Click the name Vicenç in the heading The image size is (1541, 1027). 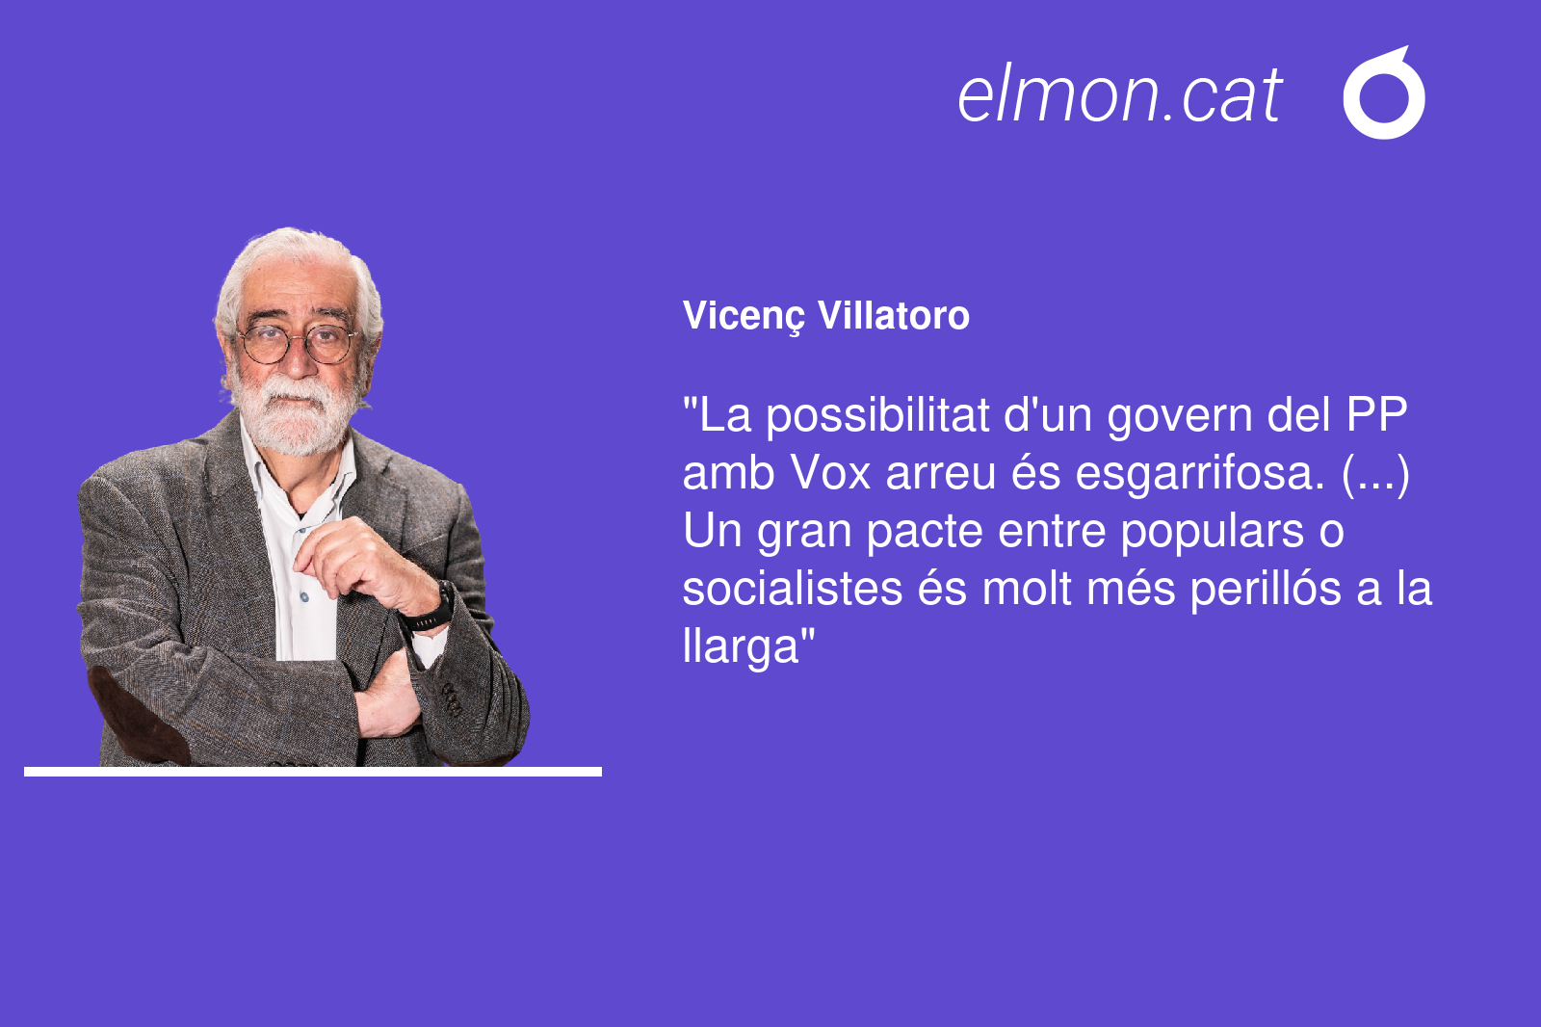coord(744,317)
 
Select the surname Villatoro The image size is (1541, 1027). coord(894,315)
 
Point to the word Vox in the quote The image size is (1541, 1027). coord(830,473)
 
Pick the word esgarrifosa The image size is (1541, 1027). coord(1200,475)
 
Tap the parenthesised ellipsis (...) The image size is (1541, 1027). coord(1375,475)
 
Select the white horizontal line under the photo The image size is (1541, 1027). coord(313,772)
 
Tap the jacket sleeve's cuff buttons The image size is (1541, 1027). coord(452,698)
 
